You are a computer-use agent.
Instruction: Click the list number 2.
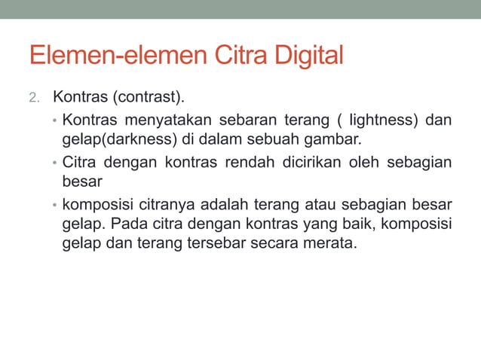32,98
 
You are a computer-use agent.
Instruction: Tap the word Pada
126,224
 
